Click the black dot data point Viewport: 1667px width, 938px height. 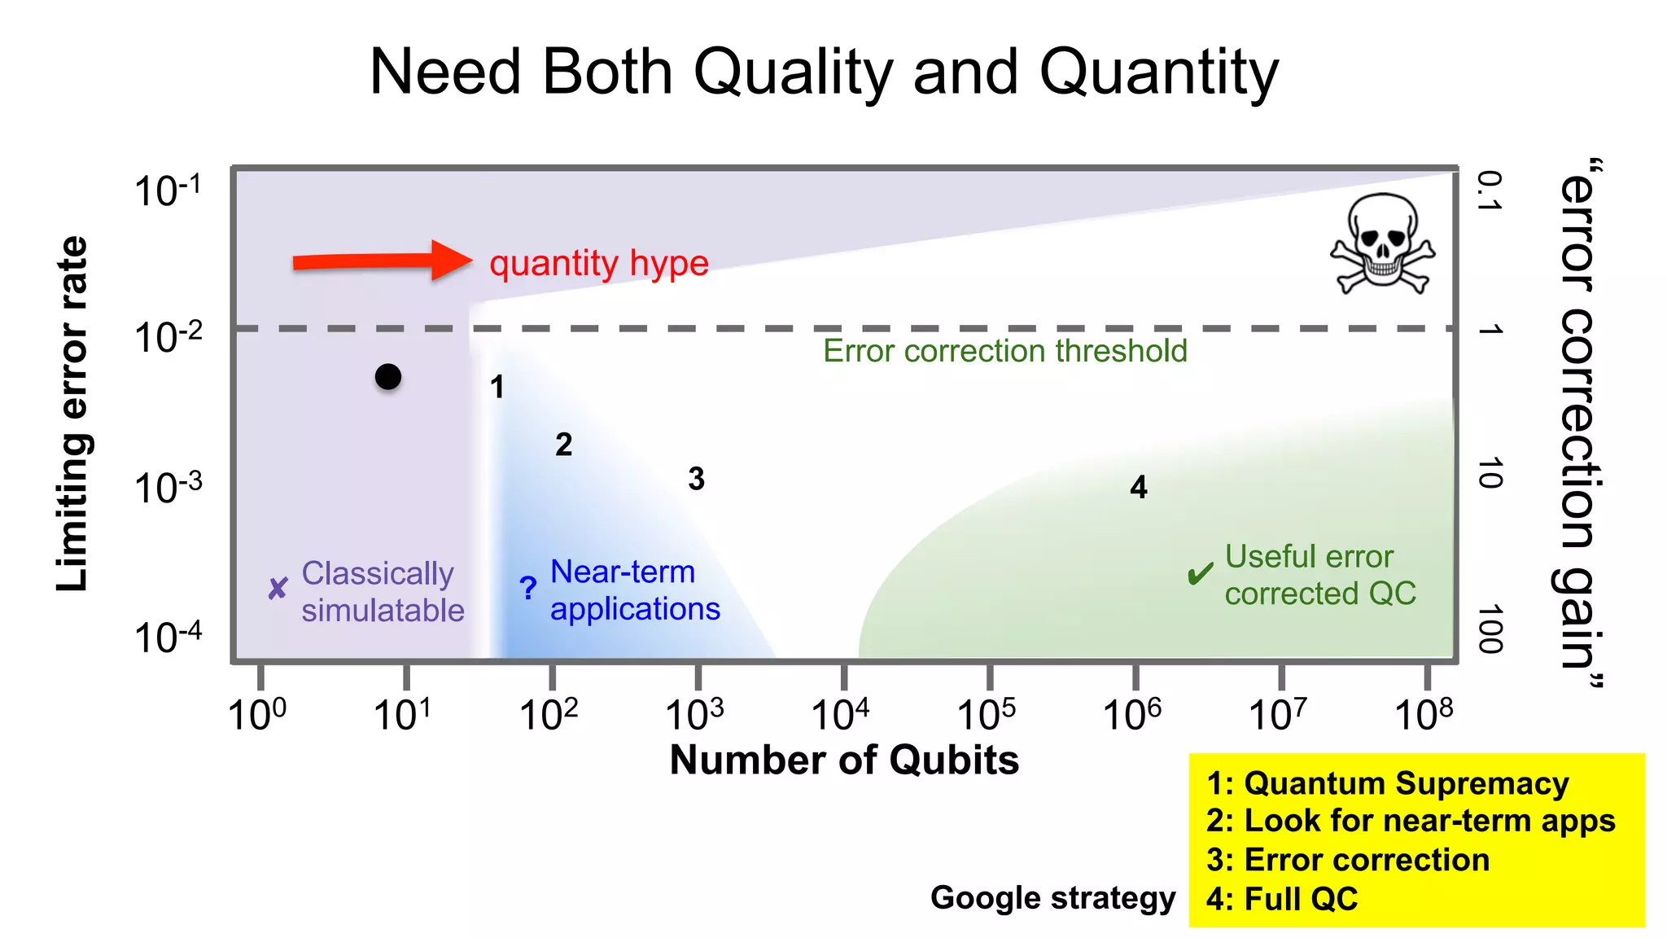point(388,377)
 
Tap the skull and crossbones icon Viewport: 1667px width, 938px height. point(1383,243)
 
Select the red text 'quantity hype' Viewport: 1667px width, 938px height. point(599,264)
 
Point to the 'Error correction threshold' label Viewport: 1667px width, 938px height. point(1005,351)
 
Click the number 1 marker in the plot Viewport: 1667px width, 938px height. point(497,387)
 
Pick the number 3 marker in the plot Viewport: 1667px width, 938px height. point(696,479)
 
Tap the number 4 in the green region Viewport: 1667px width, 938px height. point(1139,487)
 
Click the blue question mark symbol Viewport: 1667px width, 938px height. point(528,588)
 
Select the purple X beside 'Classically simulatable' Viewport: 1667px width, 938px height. point(278,588)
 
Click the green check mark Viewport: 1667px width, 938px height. point(1201,574)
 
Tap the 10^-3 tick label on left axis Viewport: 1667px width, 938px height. point(168,488)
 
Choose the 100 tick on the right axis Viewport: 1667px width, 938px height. point(1490,629)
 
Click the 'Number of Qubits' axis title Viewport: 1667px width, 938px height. point(844,760)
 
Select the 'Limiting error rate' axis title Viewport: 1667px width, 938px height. point(72,414)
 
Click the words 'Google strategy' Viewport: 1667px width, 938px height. point(1052,898)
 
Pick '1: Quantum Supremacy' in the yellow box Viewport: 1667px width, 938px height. point(1388,783)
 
